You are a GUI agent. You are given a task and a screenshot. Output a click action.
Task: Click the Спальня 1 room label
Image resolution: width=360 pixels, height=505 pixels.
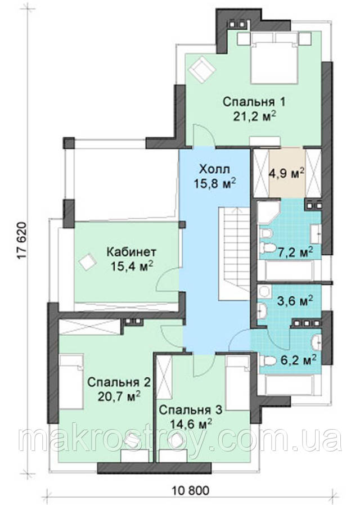pos(254,102)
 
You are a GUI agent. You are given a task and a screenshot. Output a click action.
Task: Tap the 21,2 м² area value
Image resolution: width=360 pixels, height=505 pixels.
pos(255,116)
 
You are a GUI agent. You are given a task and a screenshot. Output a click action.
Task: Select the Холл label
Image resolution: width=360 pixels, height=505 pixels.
pos(215,169)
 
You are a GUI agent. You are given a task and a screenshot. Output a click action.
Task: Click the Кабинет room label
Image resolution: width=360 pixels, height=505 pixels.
pos(132,251)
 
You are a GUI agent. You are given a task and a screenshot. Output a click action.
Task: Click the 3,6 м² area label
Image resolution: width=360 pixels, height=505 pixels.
pos(296,301)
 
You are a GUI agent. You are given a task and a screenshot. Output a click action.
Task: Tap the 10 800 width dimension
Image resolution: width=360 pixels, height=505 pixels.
pos(191,490)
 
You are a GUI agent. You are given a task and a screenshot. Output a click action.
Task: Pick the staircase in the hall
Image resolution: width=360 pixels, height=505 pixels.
pos(235,254)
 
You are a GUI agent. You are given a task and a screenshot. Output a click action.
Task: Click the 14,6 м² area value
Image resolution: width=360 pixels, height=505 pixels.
pos(191,424)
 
